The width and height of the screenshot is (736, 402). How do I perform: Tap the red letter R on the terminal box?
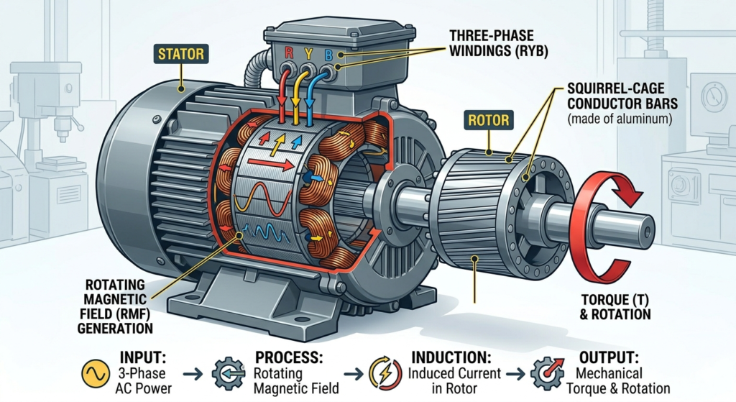tap(288, 53)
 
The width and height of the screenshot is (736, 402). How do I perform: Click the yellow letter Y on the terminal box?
tap(308, 53)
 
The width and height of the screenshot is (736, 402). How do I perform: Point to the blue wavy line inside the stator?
tap(269, 232)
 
